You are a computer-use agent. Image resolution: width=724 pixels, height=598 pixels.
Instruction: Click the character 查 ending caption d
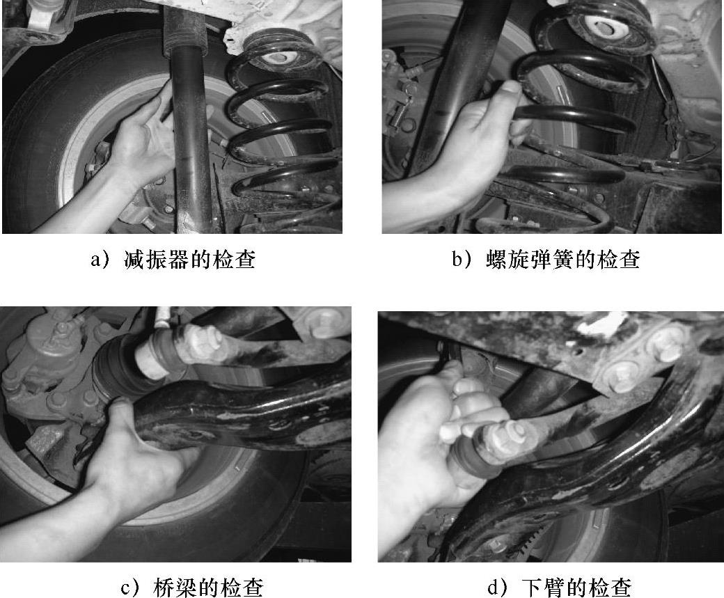click(620, 588)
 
